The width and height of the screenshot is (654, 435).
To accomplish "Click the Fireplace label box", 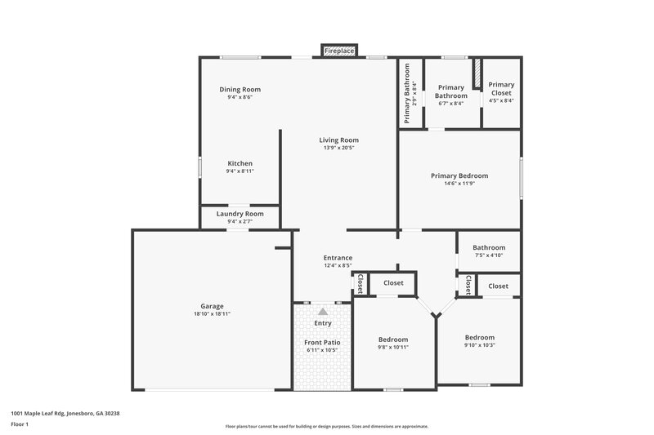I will pos(339,51).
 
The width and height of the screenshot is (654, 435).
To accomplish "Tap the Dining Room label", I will pos(240,89).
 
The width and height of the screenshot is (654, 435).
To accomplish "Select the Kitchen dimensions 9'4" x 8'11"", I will pos(240,171).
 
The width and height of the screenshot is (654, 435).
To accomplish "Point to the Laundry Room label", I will pos(240,214).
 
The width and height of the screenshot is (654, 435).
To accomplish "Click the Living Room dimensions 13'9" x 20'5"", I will pos(338,148).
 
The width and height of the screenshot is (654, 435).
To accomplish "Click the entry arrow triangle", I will pos(323,312).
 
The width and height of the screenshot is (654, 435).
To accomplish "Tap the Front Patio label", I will pos(323,342).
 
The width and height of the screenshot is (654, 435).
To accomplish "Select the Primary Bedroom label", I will pos(459,175).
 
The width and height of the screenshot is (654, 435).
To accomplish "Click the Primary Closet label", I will pos(501,88).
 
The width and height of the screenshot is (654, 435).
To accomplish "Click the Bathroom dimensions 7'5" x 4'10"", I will pos(489,255).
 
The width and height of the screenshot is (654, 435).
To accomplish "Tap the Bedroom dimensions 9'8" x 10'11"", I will pos(393,347).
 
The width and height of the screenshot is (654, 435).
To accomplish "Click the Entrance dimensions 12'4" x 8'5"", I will pos(338,265).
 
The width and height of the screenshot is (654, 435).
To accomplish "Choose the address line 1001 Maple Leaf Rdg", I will pos(65,413).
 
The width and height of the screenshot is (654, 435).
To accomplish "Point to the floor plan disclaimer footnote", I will pos(326,426).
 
